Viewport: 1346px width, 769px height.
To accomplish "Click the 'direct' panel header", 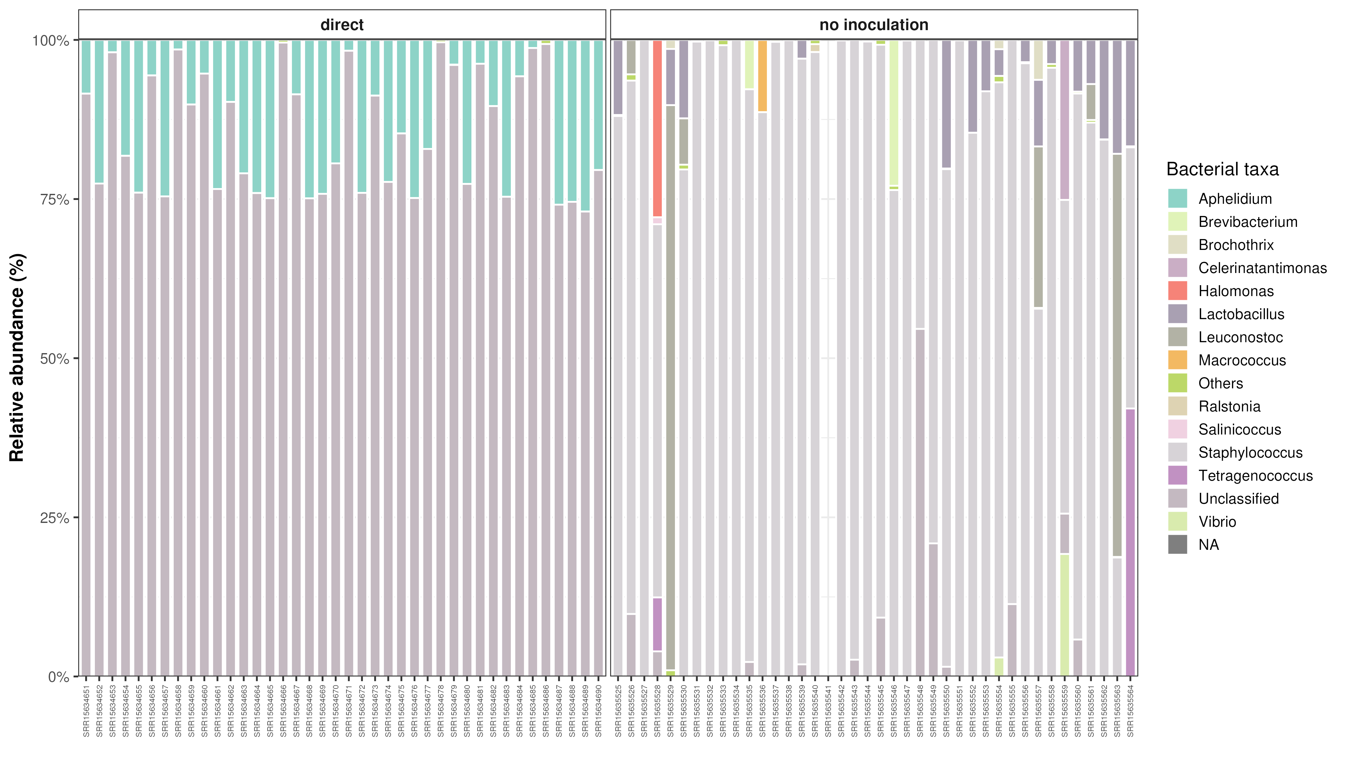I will [x=342, y=25].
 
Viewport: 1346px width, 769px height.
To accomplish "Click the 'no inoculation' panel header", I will [x=874, y=25].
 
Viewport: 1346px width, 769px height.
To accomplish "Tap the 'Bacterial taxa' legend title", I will [x=1222, y=169].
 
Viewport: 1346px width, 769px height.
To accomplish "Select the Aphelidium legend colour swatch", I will [x=1177, y=199].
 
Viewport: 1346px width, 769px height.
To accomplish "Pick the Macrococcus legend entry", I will [x=1242, y=360].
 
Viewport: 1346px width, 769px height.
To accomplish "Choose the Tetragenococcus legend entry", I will [x=1255, y=475].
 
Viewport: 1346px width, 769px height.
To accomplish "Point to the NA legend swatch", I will [x=1177, y=544].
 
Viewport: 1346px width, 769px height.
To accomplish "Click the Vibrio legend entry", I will [x=1217, y=522].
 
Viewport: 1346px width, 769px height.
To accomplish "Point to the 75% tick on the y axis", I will [x=55, y=200].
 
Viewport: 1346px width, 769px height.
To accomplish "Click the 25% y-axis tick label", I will [x=55, y=517].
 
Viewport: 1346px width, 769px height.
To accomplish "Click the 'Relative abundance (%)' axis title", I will [x=17, y=358].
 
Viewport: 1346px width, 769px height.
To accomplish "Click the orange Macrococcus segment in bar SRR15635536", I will [x=762, y=76].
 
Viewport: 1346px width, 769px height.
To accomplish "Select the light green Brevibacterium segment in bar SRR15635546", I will [x=894, y=113].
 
